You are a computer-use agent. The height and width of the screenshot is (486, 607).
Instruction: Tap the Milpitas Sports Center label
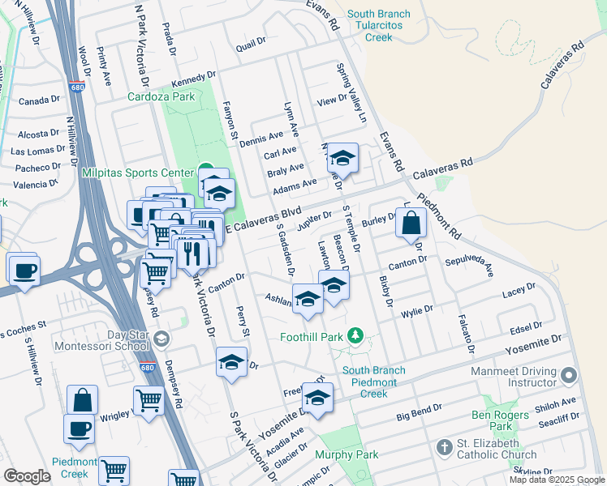click(x=137, y=173)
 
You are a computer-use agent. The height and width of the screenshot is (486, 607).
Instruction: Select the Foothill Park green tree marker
click(x=354, y=335)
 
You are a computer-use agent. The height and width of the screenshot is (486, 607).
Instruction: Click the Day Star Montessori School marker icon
click(x=161, y=339)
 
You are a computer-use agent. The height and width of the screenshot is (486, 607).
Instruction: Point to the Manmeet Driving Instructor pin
click(x=569, y=375)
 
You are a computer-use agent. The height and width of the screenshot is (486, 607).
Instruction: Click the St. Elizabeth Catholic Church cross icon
click(x=444, y=447)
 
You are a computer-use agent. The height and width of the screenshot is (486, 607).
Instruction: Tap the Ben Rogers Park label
click(x=503, y=420)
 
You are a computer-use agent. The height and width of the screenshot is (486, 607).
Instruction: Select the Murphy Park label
click(x=347, y=455)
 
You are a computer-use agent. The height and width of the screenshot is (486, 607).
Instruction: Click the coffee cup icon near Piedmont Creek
click(x=79, y=428)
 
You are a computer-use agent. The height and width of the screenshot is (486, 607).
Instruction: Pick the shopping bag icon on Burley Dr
click(x=411, y=222)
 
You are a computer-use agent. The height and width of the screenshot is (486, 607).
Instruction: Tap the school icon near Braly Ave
click(x=342, y=159)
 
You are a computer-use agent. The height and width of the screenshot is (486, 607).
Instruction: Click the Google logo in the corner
click(x=26, y=476)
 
